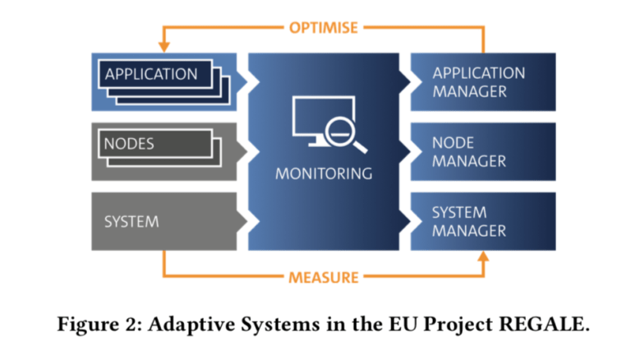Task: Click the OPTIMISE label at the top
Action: tap(323, 27)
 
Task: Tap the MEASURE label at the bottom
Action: tap(323, 277)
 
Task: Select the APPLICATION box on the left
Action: tap(152, 74)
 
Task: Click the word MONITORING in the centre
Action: tap(323, 173)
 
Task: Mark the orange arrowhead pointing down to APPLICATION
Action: tap(164, 47)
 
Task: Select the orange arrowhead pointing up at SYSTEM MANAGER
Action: tap(483, 257)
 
